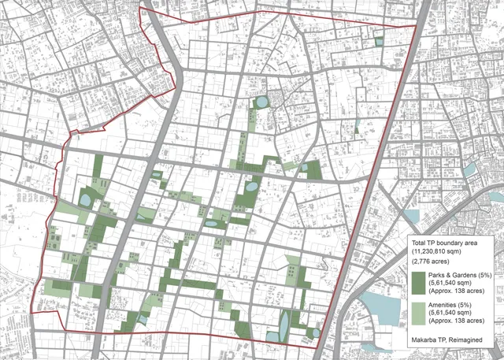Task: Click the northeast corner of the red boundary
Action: point(415,25)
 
